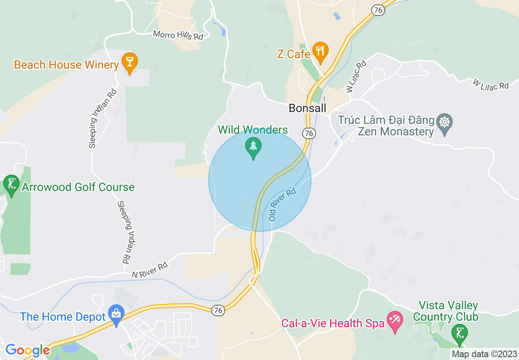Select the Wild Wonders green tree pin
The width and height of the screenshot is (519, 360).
click(x=253, y=147)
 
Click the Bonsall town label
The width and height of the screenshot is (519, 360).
click(x=308, y=108)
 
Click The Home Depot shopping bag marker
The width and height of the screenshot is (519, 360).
click(x=116, y=314)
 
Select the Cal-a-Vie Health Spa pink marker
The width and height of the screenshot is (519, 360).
click(x=395, y=320)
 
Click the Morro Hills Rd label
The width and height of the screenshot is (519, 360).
click(x=178, y=35)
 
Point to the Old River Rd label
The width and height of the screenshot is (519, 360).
click(x=282, y=205)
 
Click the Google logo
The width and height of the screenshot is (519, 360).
click(x=27, y=351)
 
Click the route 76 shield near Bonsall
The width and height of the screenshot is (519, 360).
click(x=309, y=133)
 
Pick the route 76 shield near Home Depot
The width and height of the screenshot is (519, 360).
click(x=218, y=311)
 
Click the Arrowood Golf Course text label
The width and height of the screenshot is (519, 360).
click(x=78, y=187)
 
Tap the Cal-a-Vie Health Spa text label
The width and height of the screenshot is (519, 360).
click(x=333, y=323)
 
